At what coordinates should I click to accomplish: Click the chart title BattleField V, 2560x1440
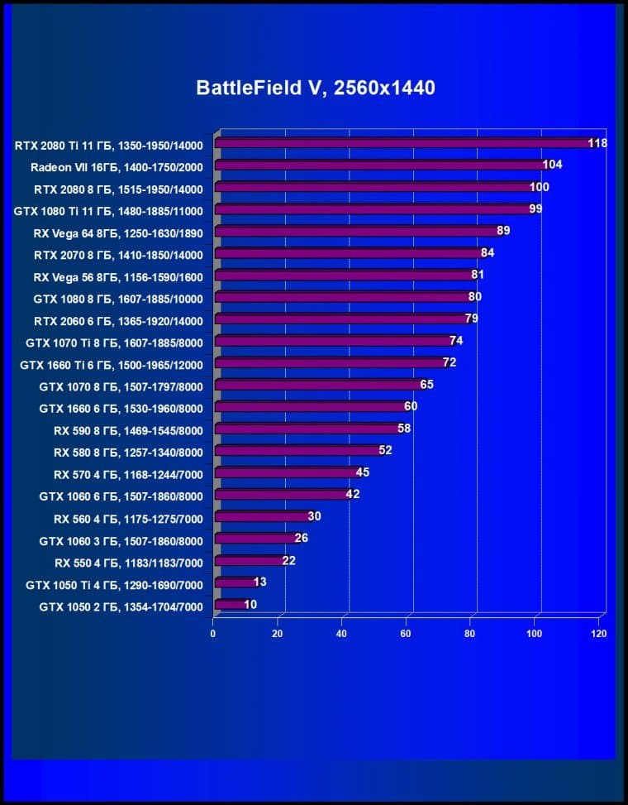tap(315, 88)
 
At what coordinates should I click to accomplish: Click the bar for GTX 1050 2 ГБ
tap(230, 606)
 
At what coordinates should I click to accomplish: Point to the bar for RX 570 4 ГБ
tap(286, 473)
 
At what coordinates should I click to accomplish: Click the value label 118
tap(597, 143)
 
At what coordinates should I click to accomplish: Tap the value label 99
tap(535, 208)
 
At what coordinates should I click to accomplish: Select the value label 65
tap(426, 384)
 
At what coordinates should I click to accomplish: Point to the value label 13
tap(259, 582)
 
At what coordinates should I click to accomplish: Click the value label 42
tap(353, 494)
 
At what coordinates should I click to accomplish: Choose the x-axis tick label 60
tap(406, 634)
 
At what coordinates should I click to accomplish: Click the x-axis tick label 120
tap(598, 634)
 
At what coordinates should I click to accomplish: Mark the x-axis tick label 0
tap(213, 634)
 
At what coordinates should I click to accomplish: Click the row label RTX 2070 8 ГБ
tap(118, 254)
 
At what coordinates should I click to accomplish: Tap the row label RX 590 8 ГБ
tap(128, 429)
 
